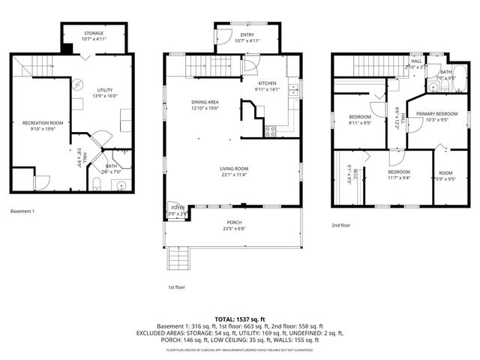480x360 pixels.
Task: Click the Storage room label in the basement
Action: (94, 34)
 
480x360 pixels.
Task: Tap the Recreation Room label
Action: (42, 122)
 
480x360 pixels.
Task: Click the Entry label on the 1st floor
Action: (247, 34)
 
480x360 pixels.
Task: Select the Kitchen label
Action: (267, 83)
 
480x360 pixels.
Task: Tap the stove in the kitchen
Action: (270, 130)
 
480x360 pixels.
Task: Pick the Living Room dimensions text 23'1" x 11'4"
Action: (233, 175)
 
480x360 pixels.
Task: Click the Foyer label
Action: (177, 207)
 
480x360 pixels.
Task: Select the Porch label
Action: (235, 223)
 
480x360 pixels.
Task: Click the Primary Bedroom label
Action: (430, 114)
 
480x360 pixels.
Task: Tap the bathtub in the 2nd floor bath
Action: (460, 78)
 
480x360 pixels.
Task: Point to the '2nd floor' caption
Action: (341, 225)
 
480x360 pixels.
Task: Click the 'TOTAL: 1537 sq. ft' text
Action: (239, 319)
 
